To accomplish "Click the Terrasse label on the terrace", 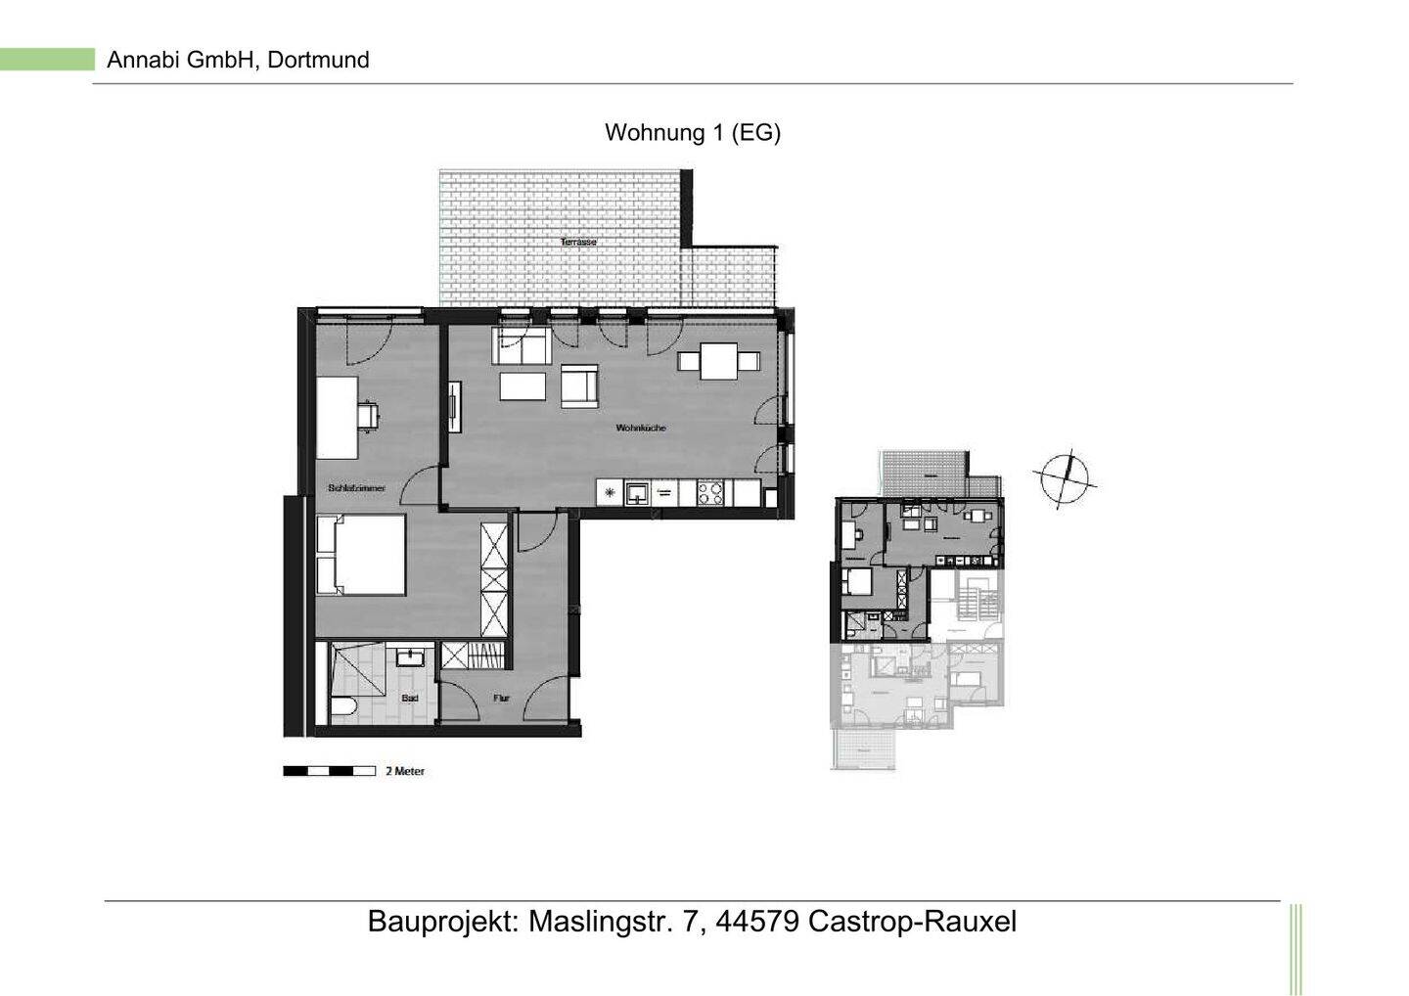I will [x=578, y=242].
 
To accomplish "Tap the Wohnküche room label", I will [x=641, y=428].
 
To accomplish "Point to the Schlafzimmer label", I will [x=356, y=487].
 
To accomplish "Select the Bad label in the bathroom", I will [x=410, y=698].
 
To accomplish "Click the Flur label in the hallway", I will [x=500, y=699].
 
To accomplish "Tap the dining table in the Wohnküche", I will [x=719, y=361].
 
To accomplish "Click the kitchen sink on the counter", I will [x=637, y=493].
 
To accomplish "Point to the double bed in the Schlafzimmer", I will [x=361, y=555].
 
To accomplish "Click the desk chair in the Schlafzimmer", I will [x=368, y=415].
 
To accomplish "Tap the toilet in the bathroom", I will [x=342, y=708].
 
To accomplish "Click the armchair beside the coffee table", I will [x=578, y=385].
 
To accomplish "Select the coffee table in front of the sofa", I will [x=523, y=386].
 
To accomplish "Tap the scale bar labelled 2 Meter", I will [x=329, y=771].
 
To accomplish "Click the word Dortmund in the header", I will [x=318, y=60].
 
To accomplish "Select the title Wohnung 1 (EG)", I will [x=693, y=132].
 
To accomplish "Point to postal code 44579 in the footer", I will [x=758, y=922].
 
